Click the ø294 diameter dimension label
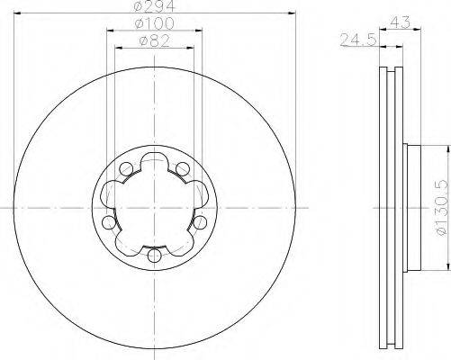[x=155, y=6]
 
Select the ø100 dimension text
[x=155, y=23]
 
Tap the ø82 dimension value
[x=155, y=40]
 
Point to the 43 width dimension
[x=401, y=22]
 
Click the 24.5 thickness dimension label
[x=358, y=40]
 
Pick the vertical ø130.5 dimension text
[x=445, y=208]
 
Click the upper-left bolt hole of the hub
[x=126, y=169]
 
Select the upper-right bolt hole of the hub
[x=183, y=169]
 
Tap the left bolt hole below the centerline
[x=108, y=222]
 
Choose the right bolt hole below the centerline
[x=200, y=222]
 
